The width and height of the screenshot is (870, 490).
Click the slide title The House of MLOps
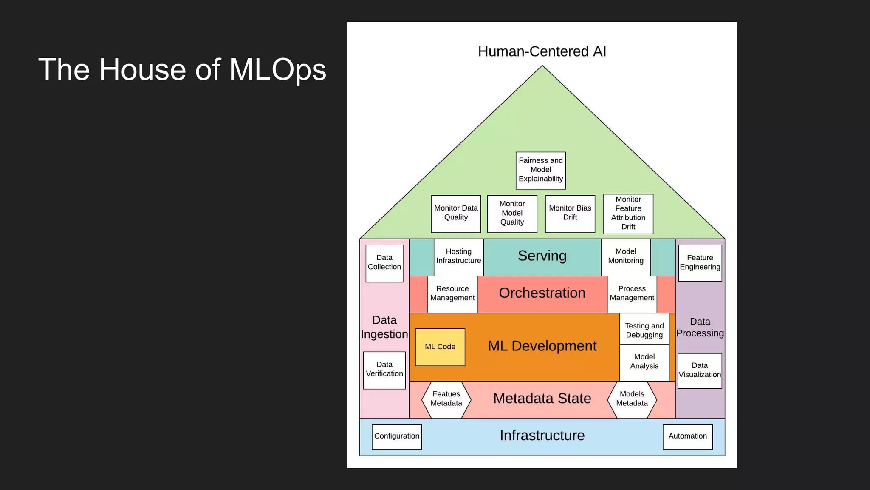coord(182,70)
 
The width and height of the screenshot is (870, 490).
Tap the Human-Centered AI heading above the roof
coord(542,51)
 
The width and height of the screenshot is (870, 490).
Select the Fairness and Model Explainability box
coord(541,170)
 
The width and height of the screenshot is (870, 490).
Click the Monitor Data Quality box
coord(456,214)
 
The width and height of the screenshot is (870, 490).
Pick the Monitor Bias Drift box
coord(570,214)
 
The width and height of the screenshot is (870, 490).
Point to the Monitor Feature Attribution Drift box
coord(628,214)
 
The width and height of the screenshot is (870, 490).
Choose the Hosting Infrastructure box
coord(459,257)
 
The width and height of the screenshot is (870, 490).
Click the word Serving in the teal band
coord(542,256)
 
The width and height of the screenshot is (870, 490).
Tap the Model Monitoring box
coord(626,257)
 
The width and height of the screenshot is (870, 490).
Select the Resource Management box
coord(452,294)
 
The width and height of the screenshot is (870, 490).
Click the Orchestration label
coord(542,293)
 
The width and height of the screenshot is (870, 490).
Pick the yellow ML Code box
coord(440,347)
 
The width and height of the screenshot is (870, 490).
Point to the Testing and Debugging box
coord(644,330)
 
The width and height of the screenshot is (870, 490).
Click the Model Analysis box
coord(644,362)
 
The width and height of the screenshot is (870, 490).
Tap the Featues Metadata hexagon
coord(446,399)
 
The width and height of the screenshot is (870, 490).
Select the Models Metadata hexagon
coord(632,399)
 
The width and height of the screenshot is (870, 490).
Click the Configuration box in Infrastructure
coord(397,437)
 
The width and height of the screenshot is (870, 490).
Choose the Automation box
coord(688,437)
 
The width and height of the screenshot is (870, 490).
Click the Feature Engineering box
coord(700,263)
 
